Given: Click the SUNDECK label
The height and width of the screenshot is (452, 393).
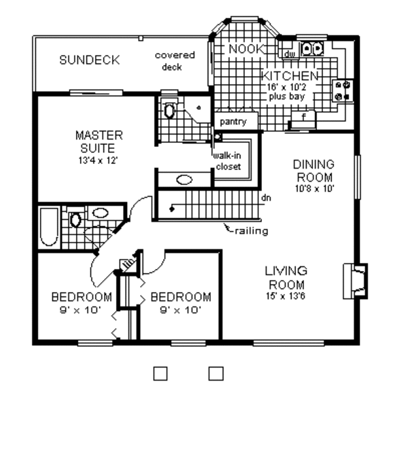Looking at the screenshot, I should pos(89,60).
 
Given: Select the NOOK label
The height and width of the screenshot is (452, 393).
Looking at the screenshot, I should pos(245,49).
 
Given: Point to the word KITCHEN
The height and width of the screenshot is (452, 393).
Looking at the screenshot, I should pos(290,75).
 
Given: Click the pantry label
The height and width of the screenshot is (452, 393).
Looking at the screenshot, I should pos(233,122).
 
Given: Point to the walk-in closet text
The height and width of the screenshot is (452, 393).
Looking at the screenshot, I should pos(227,161).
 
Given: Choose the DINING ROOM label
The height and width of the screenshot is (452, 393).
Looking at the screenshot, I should pos(313,171).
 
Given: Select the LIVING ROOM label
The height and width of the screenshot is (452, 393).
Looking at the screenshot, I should pos(286,277).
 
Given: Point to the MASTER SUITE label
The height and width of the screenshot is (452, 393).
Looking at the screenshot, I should pos(99,141).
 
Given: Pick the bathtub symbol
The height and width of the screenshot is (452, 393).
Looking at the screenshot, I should pos(48,227).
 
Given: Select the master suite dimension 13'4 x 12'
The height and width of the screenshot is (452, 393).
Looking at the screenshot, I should pos(99,159).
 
